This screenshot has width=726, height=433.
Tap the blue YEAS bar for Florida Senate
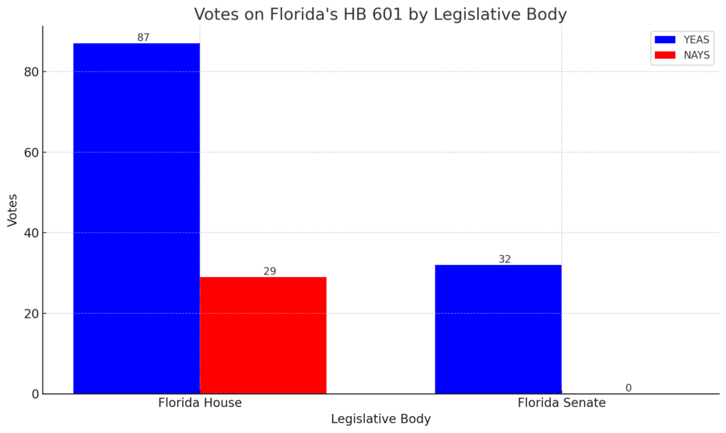pyautogui.click(x=498, y=329)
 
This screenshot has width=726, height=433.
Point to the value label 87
pyautogui.click(x=143, y=38)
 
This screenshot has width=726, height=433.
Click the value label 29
pyautogui.click(x=269, y=271)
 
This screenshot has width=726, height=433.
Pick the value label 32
pyautogui.click(x=505, y=259)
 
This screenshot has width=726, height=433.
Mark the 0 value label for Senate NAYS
pyautogui.click(x=628, y=388)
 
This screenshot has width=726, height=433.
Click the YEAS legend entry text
pyautogui.click(x=696, y=40)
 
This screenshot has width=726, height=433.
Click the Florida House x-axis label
pyautogui.click(x=199, y=403)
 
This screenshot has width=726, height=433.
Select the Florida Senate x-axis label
pyautogui.click(x=562, y=403)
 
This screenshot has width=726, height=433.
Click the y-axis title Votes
pyautogui.click(x=13, y=210)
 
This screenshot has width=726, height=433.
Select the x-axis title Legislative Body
pyautogui.click(x=381, y=419)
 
